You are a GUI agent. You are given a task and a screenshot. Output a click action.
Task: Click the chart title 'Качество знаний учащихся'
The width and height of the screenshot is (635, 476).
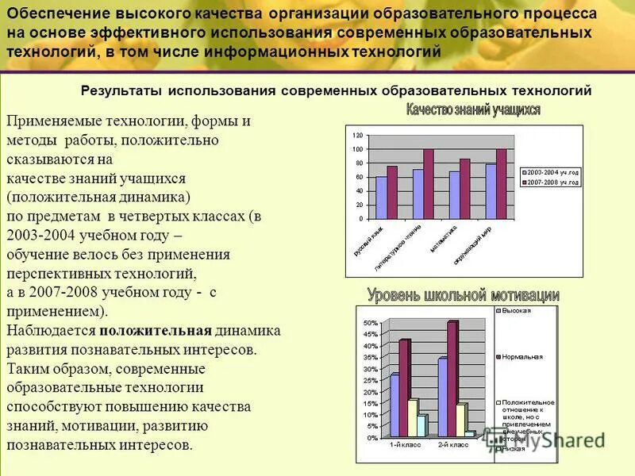473,109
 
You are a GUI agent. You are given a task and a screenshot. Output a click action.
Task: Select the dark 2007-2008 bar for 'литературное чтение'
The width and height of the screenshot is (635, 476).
429,183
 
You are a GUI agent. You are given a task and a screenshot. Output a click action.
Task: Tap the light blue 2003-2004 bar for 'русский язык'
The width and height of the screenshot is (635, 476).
382,198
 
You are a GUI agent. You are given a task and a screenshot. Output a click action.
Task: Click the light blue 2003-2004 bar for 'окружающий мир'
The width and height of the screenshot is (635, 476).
491,190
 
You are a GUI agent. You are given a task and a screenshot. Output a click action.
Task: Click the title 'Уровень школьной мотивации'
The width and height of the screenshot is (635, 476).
463,295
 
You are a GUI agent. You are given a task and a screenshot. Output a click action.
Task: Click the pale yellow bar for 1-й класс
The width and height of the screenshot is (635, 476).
412,417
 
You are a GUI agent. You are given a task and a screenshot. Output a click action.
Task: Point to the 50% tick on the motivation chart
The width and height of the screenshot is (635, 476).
371,324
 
